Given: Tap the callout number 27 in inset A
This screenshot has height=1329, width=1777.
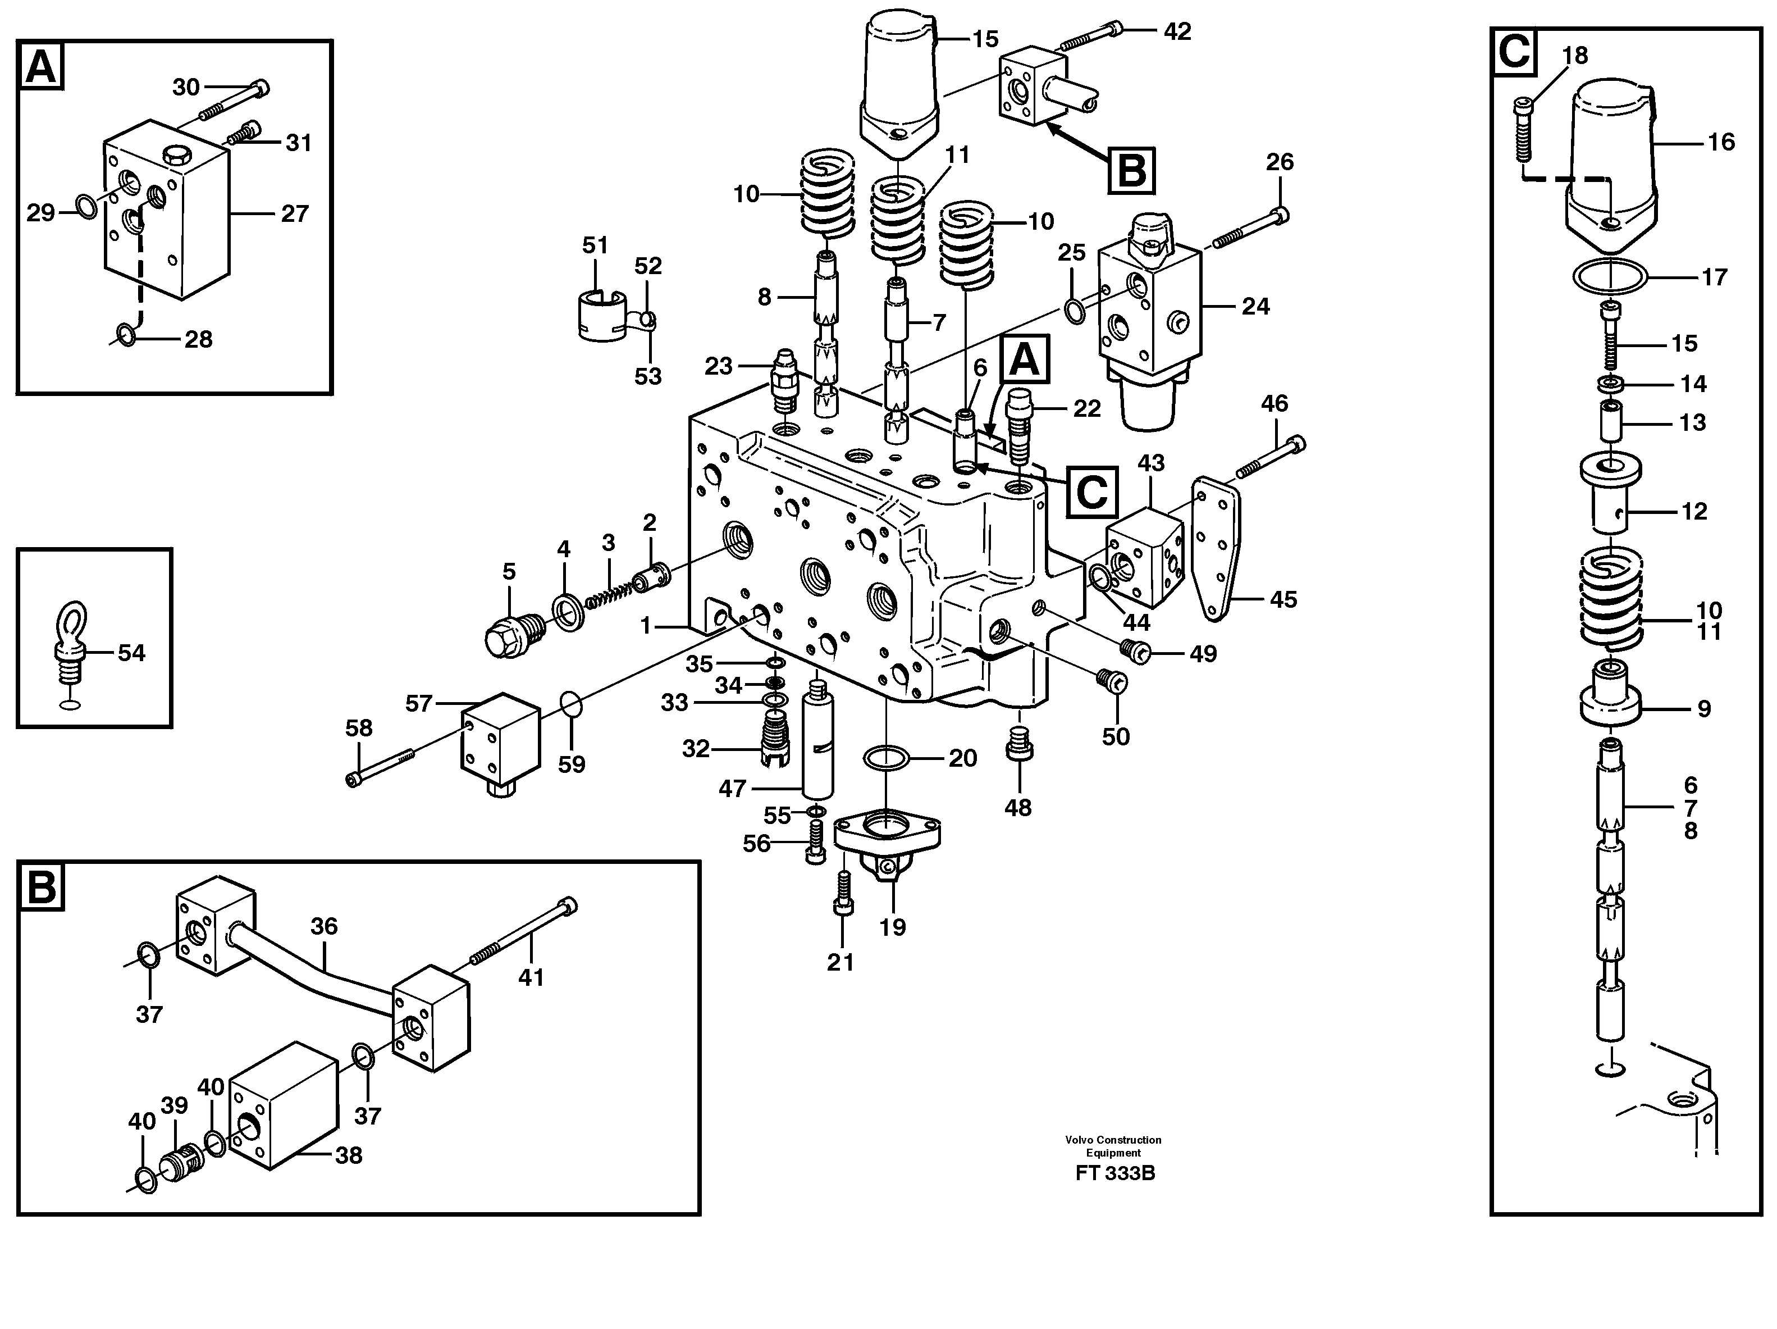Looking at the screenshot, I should pyautogui.click(x=295, y=214).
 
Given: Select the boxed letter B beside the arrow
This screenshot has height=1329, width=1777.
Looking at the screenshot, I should pyautogui.click(x=1131, y=171).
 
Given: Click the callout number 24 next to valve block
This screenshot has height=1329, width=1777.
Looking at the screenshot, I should pyautogui.click(x=1255, y=306).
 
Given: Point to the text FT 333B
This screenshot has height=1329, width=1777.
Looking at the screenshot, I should pyautogui.click(x=1115, y=1172).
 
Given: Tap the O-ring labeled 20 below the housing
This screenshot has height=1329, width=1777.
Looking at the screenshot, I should pyautogui.click(x=886, y=757).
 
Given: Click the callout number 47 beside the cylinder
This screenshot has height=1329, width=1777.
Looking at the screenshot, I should pyautogui.click(x=732, y=789).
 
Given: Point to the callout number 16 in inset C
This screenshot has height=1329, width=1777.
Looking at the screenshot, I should pyautogui.click(x=1721, y=142).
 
